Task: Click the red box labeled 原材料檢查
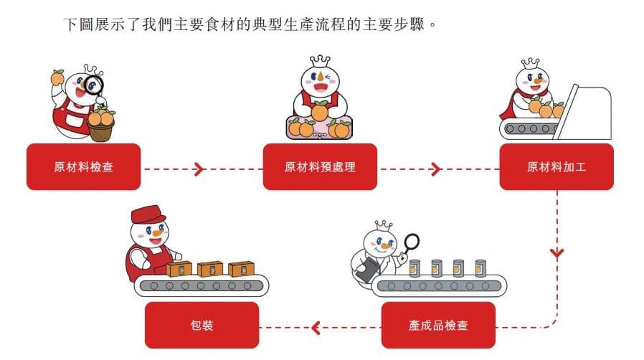pos(83,167)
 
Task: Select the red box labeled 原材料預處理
pos(320,167)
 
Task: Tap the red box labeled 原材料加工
pos(557,167)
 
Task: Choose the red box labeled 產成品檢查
pos(438,325)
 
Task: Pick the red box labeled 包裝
pos(202,325)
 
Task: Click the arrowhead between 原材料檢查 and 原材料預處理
pos(199,169)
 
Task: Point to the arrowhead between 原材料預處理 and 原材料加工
pos(435,169)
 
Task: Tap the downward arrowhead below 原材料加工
pos(557,253)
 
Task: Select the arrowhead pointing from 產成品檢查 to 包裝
pos(316,328)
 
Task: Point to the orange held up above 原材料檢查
pos(57,76)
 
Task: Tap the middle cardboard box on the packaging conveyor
pos(210,269)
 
